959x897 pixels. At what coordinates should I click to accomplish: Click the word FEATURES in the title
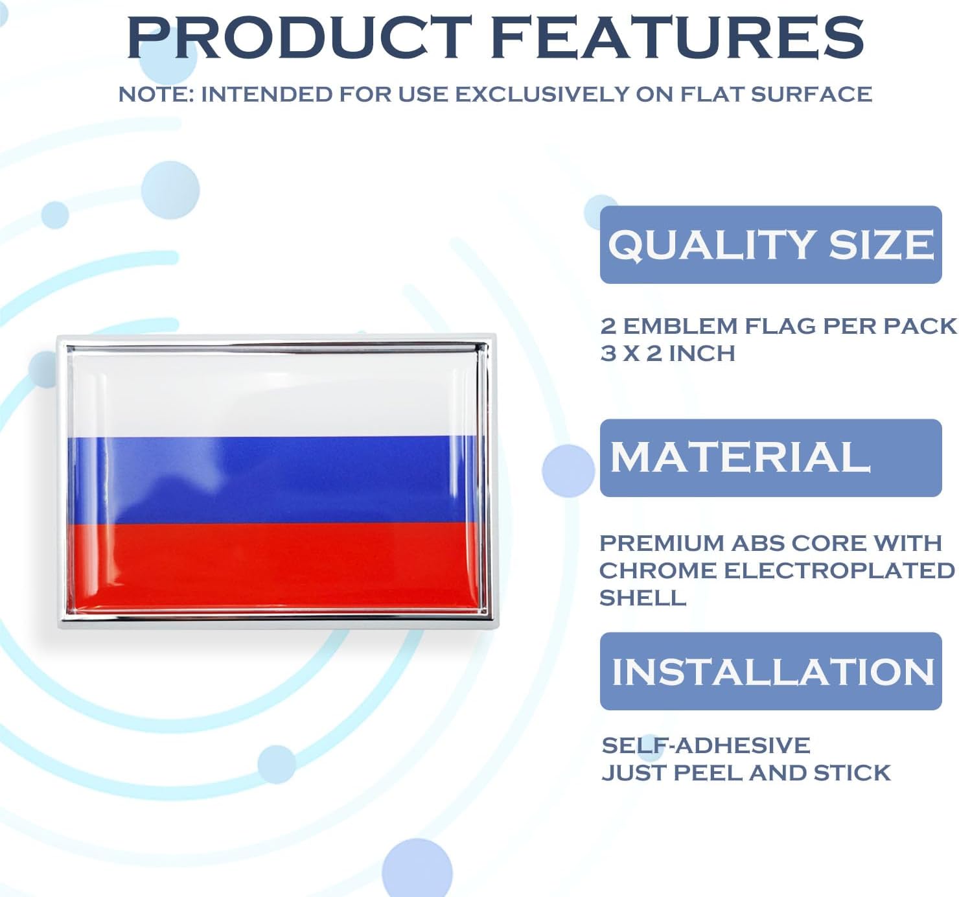[x=677, y=37]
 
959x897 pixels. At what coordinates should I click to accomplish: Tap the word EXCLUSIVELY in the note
[x=542, y=94]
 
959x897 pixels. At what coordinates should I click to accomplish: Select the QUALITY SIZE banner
[x=770, y=244]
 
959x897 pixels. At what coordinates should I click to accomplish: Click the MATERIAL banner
[x=770, y=458]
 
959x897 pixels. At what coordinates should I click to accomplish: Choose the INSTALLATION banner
[x=770, y=671]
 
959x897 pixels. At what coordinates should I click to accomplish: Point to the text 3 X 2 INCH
[x=667, y=353]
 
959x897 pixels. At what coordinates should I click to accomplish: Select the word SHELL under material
[x=642, y=598]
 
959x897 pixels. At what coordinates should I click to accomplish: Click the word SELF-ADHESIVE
[x=706, y=745]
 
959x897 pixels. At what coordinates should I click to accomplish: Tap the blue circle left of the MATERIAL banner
[x=568, y=471]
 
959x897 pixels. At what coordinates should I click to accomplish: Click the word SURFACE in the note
[x=811, y=94]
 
